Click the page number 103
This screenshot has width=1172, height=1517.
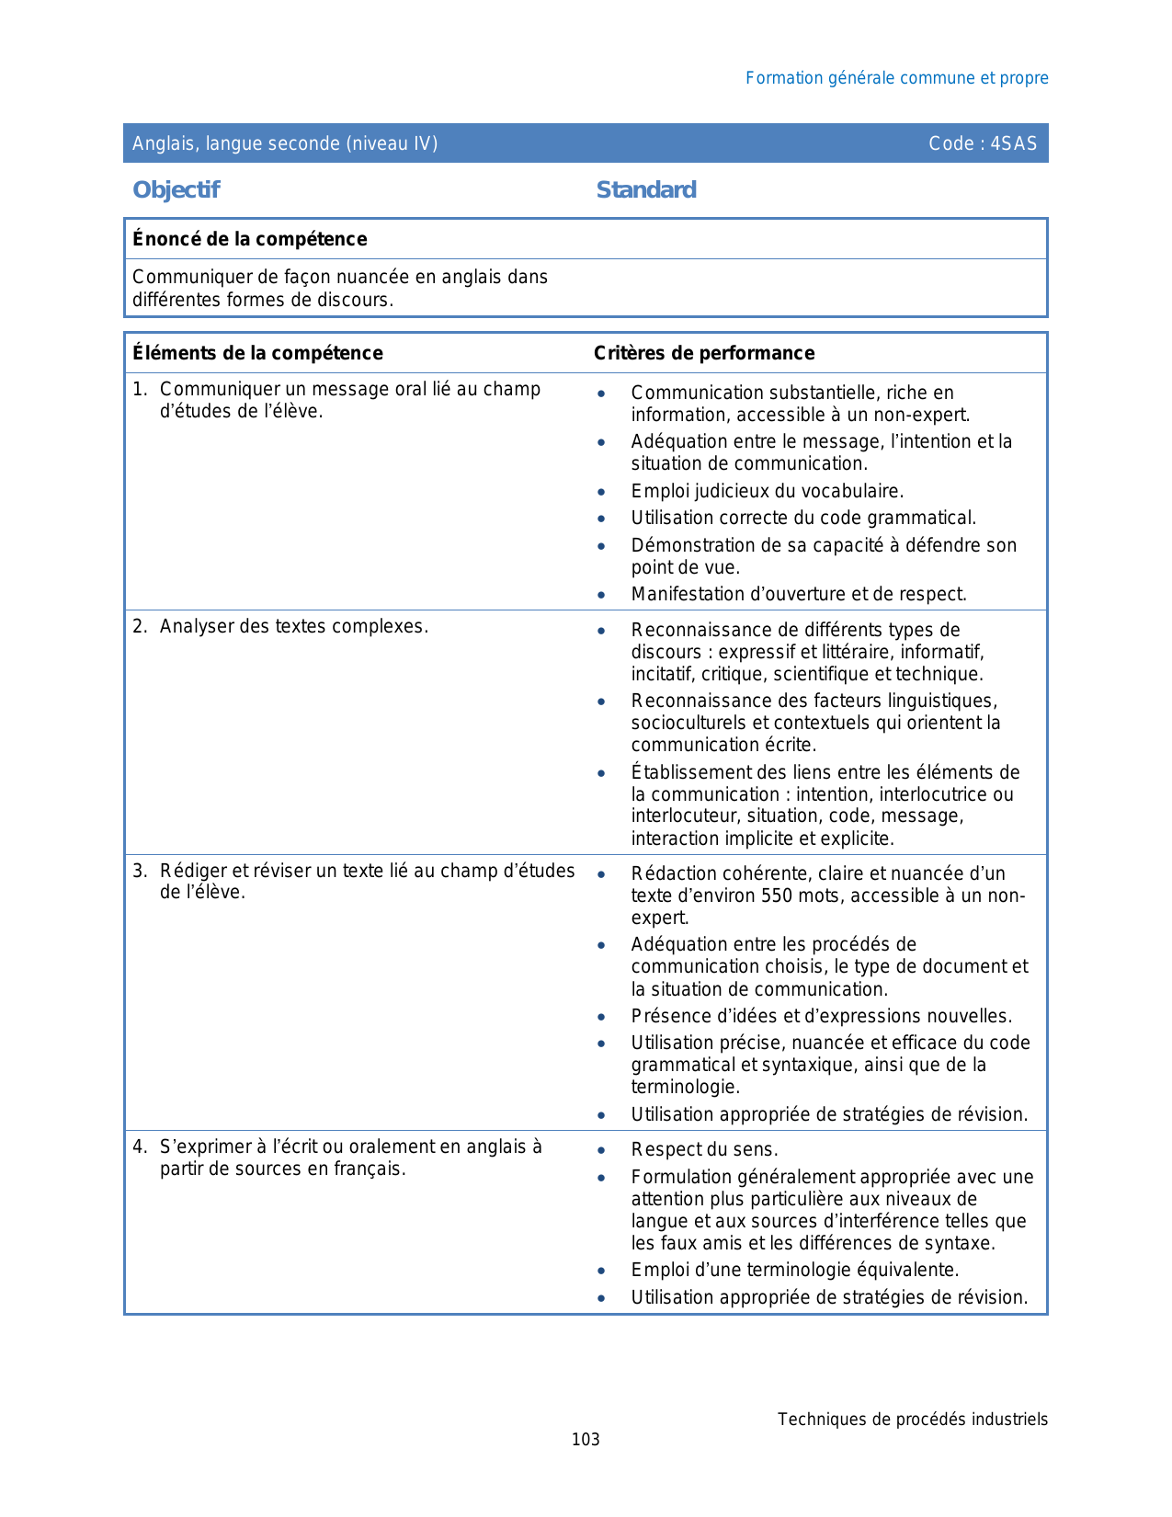tap(586, 1440)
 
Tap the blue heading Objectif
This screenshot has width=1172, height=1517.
tap(176, 190)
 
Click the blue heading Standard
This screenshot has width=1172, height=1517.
tap(646, 190)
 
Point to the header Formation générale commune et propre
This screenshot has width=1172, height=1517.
tap(896, 78)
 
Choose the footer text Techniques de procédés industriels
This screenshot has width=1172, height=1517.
tap(912, 1420)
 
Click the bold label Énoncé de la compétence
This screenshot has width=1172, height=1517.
tap(249, 239)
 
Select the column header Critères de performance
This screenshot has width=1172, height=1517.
tap(704, 353)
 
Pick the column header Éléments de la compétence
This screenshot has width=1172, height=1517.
tap(257, 353)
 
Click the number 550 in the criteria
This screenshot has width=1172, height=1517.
tap(777, 895)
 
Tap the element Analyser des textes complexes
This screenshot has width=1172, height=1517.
tap(293, 627)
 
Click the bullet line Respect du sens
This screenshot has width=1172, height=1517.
tap(704, 1150)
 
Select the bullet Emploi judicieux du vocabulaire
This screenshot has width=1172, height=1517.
tap(767, 491)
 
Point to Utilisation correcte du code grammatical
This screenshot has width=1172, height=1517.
tap(803, 519)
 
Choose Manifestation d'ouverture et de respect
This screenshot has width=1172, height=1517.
tap(798, 595)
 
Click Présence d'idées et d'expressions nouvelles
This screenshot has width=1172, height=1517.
tap(821, 1017)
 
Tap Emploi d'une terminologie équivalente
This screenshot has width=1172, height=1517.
tap(794, 1271)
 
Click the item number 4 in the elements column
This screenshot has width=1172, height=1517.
tap(139, 1146)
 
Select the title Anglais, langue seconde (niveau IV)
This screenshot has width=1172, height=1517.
tap(285, 143)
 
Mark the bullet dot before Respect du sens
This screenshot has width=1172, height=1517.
tap(601, 1150)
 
